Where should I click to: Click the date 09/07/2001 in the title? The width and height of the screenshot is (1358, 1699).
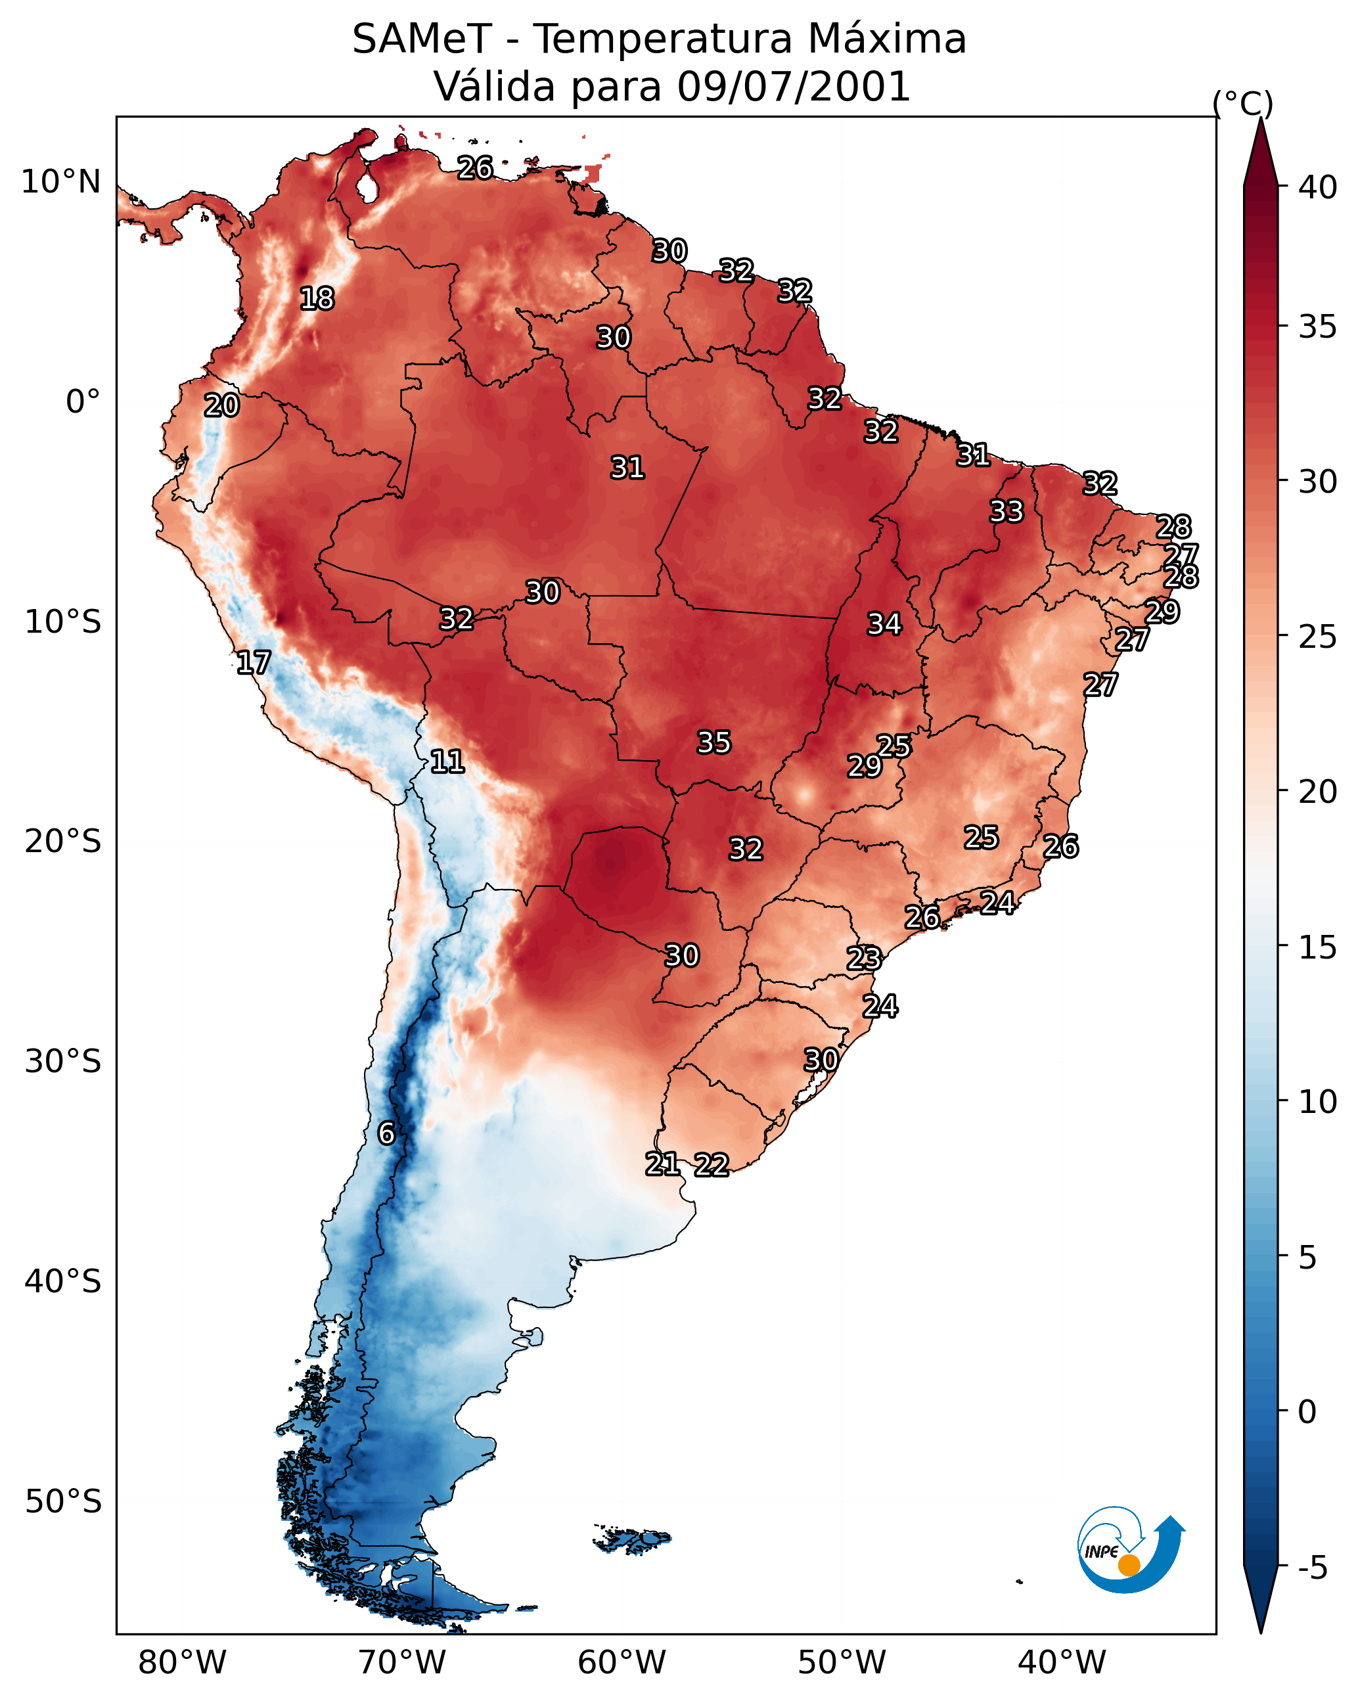[794, 86]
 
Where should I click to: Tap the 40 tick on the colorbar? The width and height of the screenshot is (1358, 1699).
[1318, 187]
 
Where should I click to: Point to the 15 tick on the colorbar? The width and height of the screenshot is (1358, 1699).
[1318, 947]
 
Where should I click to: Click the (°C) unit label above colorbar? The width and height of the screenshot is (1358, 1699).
[1243, 103]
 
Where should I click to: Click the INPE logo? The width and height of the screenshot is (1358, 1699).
[1131, 1549]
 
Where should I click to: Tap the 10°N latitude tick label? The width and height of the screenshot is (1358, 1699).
[60, 182]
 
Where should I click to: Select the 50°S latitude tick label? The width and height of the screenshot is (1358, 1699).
[63, 1502]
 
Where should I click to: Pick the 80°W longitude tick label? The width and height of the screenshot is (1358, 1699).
[182, 1663]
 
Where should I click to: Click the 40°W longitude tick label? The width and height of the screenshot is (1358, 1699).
[1062, 1663]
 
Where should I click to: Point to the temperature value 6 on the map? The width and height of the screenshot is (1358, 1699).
[386, 1133]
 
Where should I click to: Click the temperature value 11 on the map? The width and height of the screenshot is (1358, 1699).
[447, 761]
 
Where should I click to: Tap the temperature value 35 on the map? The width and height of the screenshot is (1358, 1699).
[714, 742]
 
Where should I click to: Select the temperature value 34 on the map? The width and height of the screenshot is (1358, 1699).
[884, 624]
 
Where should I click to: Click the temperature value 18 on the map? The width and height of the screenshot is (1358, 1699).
[317, 299]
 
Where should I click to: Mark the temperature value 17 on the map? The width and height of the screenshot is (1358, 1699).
[254, 663]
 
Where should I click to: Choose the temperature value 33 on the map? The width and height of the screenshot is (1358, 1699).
[1007, 511]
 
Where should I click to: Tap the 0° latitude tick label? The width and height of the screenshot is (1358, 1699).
[83, 402]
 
